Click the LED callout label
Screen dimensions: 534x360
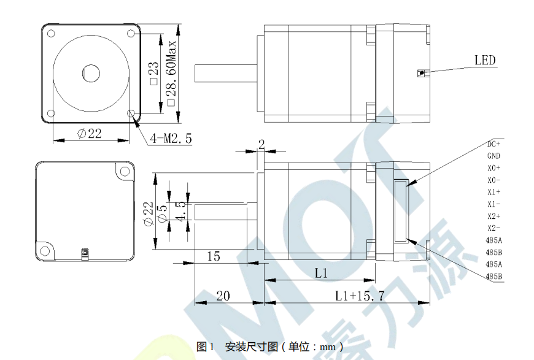pos(485,61)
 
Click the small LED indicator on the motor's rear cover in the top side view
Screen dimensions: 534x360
pos(422,73)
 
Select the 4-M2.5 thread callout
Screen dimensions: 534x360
pos(171,139)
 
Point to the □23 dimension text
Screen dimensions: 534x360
pos(154,73)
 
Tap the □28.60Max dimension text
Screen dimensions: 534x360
pos(171,73)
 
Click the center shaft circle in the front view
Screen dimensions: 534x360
pos(91,73)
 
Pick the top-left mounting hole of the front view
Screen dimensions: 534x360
pos(51,33)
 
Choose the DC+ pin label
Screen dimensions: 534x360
pos(493,144)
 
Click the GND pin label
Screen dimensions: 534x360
pos(493,156)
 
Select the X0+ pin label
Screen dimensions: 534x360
pos(494,168)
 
